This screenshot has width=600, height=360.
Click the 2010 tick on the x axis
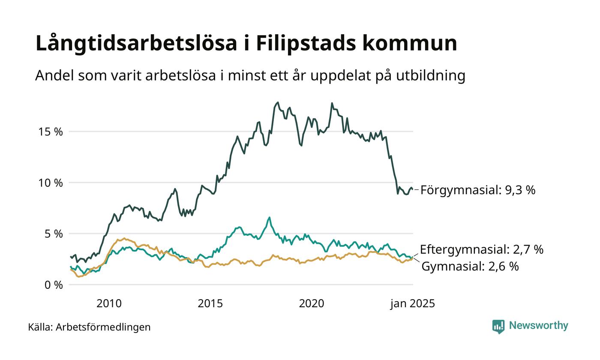pyautogui.click(x=109, y=304)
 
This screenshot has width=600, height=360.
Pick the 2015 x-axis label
pyautogui.click(x=210, y=304)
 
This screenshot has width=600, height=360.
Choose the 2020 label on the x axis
pyautogui.click(x=312, y=304)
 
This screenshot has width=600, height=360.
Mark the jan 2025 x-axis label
pyautogui.click(x=412, y=304)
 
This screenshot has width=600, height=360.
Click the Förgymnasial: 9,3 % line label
pyautogui.click(x=478, y=190)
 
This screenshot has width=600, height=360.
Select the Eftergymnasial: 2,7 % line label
pyautogui.click(x=481, y=249)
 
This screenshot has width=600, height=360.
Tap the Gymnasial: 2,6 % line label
pyautogui.click(x=470, y=267)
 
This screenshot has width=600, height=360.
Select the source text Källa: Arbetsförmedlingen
pyautogui.click(x=89, y=327)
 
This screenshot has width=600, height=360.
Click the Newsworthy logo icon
pyautogui.click(x=498, y=327)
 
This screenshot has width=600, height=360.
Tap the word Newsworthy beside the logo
pyautogui.click(x=538, y=326)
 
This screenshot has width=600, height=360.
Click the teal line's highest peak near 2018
pyautogui.click(x=269, y=218)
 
